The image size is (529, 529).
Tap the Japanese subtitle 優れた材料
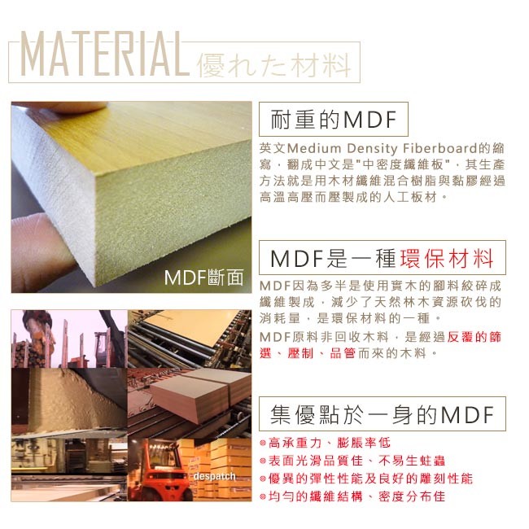point(273,65)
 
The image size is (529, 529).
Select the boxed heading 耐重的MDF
point(334,119)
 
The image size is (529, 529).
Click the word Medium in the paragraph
point(314,148)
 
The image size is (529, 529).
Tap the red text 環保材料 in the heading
point(447,259)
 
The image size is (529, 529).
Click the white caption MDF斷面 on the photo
point(203,278)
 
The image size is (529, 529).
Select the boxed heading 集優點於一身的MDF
point(383,414)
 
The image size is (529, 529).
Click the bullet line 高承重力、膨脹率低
point(330,443)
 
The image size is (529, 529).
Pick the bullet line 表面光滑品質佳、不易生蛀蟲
point(356,461)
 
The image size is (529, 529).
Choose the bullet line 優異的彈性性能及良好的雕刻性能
point(370,479)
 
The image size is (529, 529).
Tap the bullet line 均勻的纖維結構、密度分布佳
point(356,496)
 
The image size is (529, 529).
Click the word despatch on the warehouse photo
point(215,476)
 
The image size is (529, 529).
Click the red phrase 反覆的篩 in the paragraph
point(474,337)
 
